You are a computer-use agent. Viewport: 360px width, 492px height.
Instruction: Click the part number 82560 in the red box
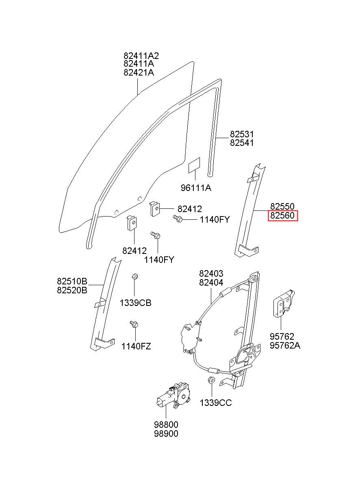pyautogui.click(x=282, y=215)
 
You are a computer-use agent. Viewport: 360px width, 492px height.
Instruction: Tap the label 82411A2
pyautogui.click(x=141, y=56)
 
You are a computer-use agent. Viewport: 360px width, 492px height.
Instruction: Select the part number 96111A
pyautogui.click(x=196, y=188)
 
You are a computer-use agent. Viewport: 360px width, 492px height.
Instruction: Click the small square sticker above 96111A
pyautogui.click(x=194, y=166)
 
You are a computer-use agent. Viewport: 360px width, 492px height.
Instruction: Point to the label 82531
pyautogui.click(x=242, y=134)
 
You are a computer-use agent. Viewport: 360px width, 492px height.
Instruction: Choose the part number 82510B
pyautogui.click(x=72, y=281)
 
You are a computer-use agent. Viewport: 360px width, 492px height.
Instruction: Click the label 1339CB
pyautogui.click(x=136, y=303)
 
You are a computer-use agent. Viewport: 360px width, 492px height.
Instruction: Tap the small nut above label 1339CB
pyautogui.click(x=134, y=276)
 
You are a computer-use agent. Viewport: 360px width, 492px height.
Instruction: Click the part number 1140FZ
pyautogui.click(x=136, y=347)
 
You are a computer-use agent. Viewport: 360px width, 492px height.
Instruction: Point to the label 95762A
pyautogui.click(x=285, y=345)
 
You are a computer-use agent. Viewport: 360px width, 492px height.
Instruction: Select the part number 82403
pyautogui.click(x=211, y=273)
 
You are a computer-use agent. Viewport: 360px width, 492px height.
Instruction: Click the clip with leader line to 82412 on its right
pyautogui.click(x=155, y=209)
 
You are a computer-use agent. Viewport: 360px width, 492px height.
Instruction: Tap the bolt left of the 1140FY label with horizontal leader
pyautogui.click(x=178, y=218)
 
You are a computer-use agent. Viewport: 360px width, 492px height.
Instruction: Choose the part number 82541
pyautogui.click(x=242, y=143)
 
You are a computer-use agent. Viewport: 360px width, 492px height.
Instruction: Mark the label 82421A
pyautogui.click(x=139, y=72)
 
